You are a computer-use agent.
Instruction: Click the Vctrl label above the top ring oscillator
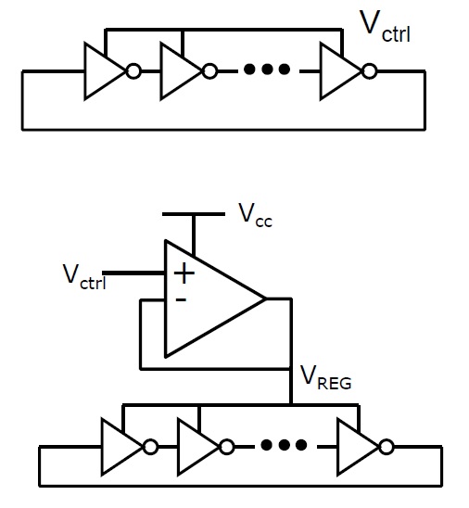click(385, 27)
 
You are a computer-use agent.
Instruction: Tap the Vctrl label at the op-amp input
click(84, 276)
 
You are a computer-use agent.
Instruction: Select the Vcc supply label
click(255, 216)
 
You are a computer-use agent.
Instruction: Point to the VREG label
click(326, 378)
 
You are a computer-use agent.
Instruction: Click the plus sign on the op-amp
click(184, 273)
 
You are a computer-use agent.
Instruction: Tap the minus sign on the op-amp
click(181, 300)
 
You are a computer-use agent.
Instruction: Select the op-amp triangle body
click(215, 298)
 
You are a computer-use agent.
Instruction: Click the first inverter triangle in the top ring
click(105, 71)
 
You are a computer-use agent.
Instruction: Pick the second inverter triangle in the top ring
click(181, 71)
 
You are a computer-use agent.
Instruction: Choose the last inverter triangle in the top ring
click(341, 71)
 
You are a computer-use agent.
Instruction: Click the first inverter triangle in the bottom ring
click(121, 447)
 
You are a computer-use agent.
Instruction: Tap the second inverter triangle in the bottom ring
click(198, 447)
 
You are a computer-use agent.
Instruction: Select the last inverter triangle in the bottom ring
click(358, 447)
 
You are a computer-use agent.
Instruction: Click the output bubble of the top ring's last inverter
click(369, 71)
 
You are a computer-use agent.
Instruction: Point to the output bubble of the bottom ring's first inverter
click(150, 447)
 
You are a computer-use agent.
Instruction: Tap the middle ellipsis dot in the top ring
click(266, 69)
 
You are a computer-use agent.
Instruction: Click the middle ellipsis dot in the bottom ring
click(284, 445)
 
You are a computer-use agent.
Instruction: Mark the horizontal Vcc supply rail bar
click(194, 214)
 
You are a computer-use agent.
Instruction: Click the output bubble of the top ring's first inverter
click(133, 71)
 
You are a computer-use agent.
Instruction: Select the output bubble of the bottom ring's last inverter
click(387, 447)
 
